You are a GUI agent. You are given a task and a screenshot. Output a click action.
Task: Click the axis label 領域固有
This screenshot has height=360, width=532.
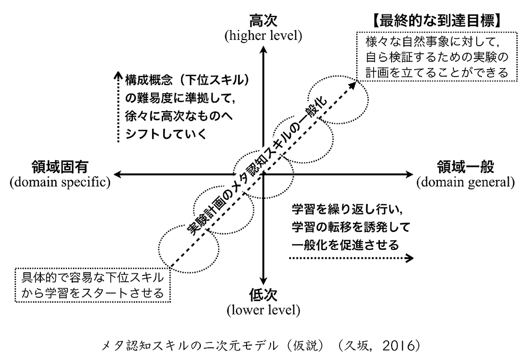58,167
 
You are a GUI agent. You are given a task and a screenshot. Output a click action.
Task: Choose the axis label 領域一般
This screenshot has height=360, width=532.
466,167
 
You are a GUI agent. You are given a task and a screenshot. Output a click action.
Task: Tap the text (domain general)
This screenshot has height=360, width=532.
466,182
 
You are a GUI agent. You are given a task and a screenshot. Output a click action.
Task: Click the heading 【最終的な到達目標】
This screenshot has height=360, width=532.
436,21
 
